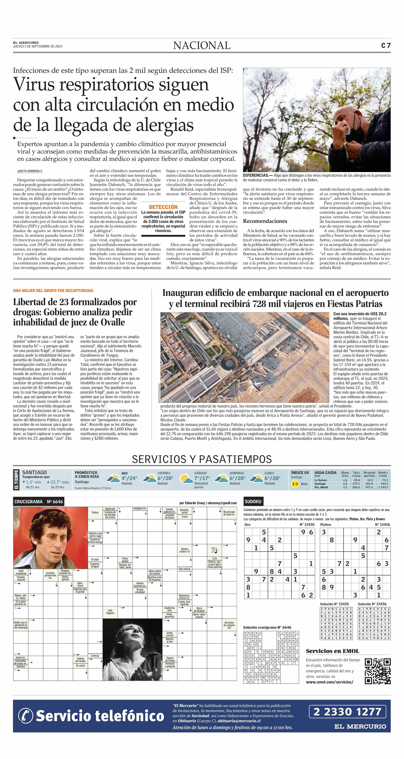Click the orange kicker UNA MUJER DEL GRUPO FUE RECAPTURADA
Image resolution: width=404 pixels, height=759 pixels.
[x=53, y=290]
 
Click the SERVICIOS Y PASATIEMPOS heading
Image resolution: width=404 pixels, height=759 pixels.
[x=202, y=459]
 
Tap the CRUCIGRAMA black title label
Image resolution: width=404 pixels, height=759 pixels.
[x=38, y=502]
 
